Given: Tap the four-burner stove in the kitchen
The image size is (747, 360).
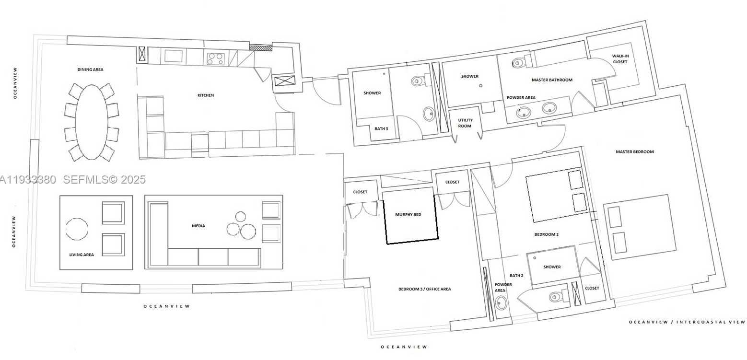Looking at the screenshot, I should tap(215, 58).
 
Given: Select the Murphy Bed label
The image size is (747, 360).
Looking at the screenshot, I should tap(408, 214).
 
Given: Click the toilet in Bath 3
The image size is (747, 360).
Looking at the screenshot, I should tap(418, 81).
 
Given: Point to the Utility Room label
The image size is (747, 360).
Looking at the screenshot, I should tap(465, 123).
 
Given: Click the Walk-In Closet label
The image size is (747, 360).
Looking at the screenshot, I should tap(620, 59).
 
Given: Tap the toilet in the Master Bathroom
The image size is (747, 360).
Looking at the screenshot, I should tap(519, 62).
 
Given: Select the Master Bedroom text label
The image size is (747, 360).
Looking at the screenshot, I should tap(635, 152).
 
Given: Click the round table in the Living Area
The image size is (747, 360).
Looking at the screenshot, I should tap(77, 229).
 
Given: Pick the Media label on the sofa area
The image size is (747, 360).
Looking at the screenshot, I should tap(198, 226).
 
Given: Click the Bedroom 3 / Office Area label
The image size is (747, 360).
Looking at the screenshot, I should tap(424, 289).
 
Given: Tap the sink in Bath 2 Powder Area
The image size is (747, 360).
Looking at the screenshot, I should tap(502, 302).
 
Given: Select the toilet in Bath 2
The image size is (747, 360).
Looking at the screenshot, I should tap(556, 296).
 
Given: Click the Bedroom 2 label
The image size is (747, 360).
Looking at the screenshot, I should tap(547, 234).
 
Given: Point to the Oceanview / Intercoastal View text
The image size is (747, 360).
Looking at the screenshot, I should tap(687, 322).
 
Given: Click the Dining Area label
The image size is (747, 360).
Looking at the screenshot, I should tap(90, 70).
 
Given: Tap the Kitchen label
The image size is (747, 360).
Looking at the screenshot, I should tap(206, 95).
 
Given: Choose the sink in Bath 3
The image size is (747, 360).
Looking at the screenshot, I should tap(428, 114).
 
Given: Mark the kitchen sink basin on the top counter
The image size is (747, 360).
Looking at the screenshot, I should tap(173, 56).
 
